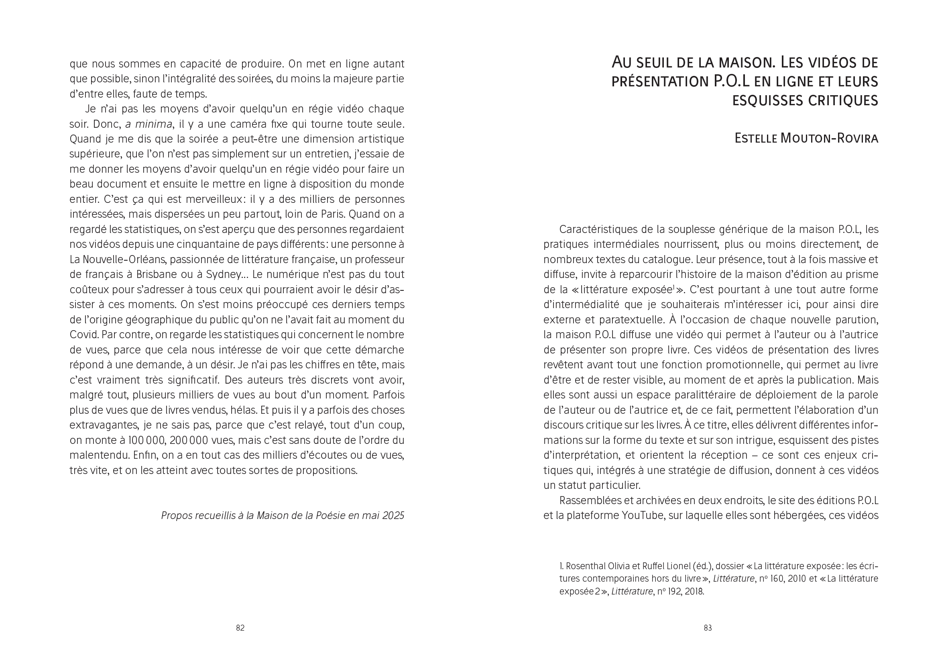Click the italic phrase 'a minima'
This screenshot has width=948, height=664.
point(149,124)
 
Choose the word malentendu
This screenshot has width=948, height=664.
point(99,456)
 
